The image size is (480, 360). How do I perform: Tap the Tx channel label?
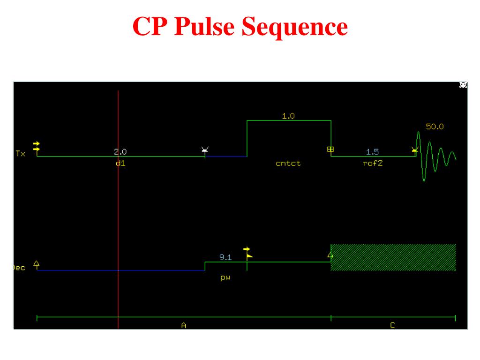coord(20,153)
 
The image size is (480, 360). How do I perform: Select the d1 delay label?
coord(120,164)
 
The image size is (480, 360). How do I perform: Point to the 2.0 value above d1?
coord(120,152)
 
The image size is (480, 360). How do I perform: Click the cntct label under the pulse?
coord(288,164)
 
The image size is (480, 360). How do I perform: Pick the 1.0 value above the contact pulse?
coord(288,116)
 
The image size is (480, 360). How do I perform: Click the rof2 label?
coord(373,164)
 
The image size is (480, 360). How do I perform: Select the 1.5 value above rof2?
coord(373,152)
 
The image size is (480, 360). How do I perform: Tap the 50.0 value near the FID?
coord(435,127)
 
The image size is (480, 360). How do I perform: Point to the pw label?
coord(225,277)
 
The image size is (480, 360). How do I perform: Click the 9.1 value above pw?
coord(225,257)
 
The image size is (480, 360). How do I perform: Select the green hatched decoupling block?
coord(393,257)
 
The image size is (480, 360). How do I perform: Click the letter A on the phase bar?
coord(183,325)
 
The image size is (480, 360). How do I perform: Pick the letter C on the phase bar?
coord(392,325)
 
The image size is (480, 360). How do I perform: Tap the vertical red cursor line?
coord(118,211)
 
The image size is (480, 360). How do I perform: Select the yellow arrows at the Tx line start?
coord(37,146)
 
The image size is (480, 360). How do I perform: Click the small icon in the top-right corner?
coord(463,85)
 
